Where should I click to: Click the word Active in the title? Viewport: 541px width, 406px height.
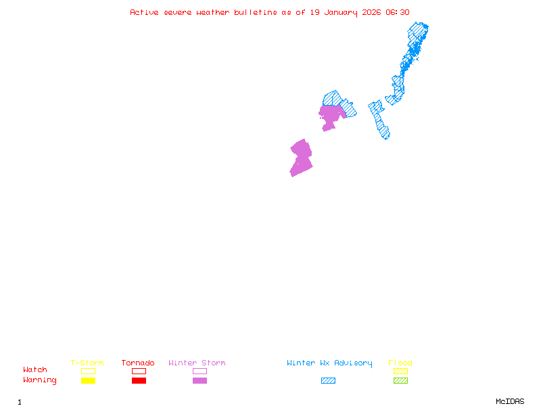(145, 12)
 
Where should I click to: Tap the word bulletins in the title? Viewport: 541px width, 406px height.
(256, 12)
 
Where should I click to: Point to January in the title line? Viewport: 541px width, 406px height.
(340, 12)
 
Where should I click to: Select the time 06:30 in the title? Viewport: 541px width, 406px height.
(397, 12)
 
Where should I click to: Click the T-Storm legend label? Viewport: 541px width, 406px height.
(87, 363)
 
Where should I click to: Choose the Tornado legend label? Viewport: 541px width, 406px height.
(138, 363)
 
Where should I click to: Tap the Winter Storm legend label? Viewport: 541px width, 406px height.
(197, 363)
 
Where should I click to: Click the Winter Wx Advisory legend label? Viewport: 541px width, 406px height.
(329, 363)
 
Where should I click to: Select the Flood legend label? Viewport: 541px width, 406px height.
(400, 363)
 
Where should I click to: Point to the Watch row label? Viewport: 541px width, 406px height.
(35, 370)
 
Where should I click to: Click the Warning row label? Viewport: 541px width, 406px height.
(40, 380)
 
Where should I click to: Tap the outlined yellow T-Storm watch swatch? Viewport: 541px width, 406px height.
(88, 371)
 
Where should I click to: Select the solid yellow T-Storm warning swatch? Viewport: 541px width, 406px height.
(88, 380)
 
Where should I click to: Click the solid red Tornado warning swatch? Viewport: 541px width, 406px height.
(139, 380)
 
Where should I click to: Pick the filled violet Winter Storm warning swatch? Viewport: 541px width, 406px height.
(199, 380)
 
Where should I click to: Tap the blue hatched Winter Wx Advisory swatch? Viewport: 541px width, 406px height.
(328, 380)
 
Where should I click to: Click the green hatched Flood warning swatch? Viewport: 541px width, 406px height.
(400, 380)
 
